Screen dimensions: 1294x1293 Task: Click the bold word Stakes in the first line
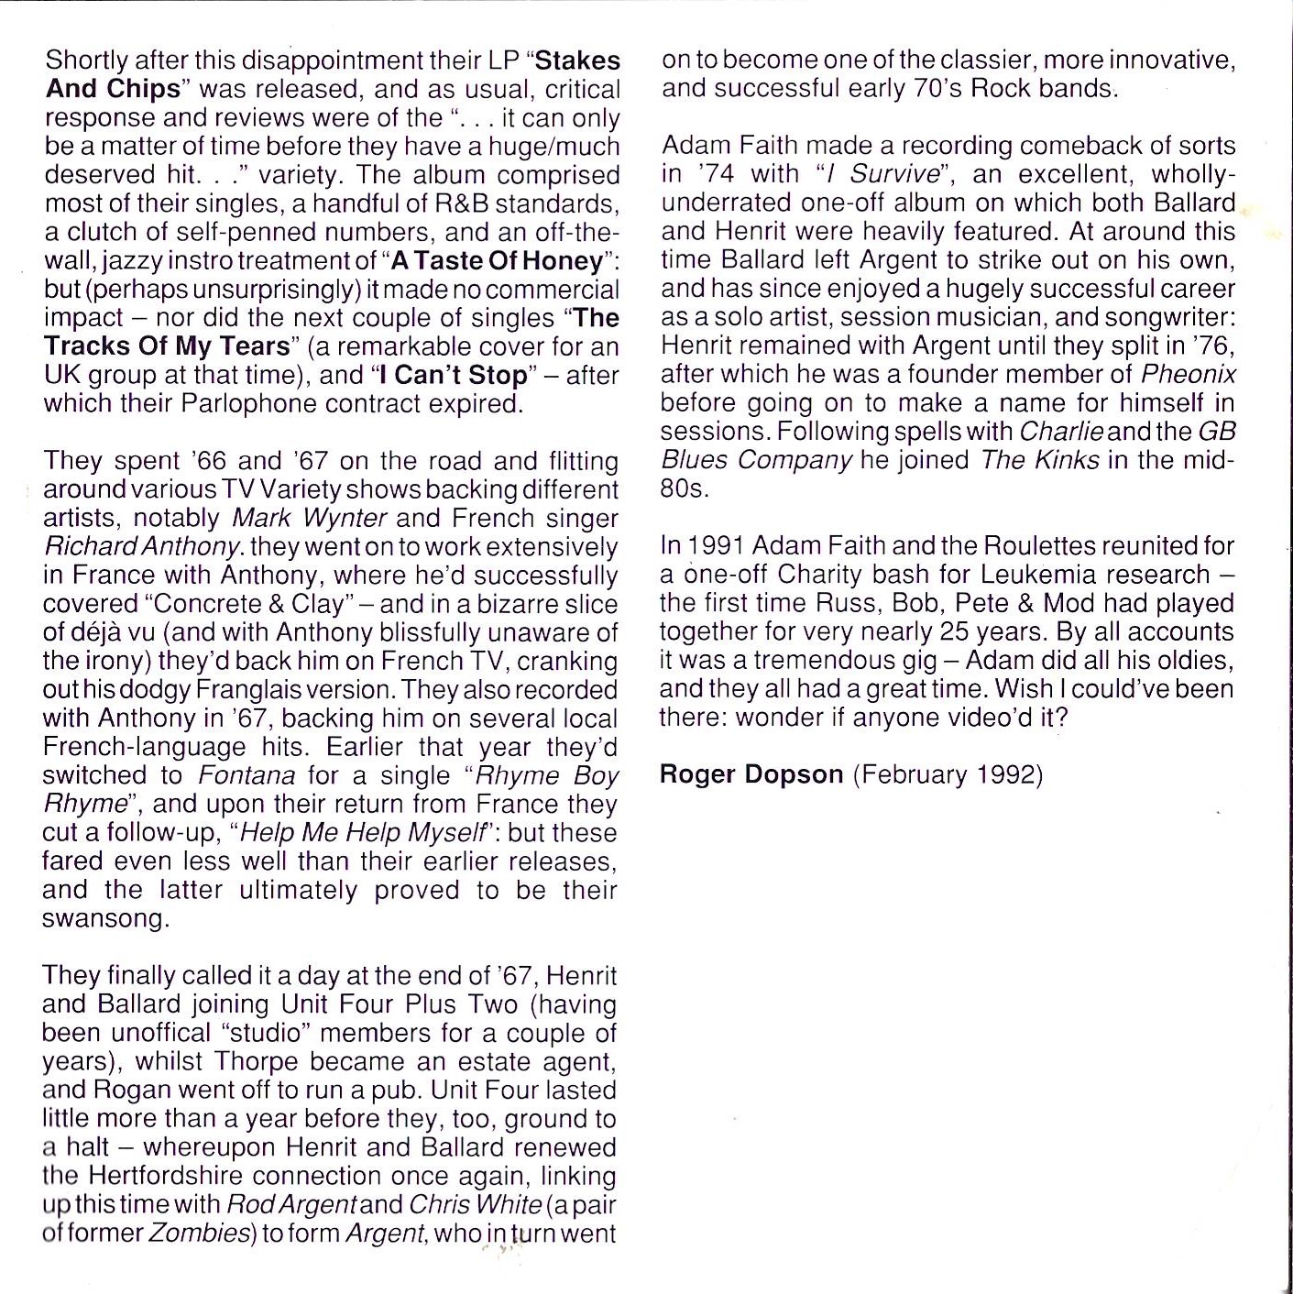point(577,60)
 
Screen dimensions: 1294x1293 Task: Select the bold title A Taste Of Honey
point(498,261)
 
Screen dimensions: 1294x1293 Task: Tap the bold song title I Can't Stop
point(454,376)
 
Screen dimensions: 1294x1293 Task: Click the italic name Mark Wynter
point(309,519)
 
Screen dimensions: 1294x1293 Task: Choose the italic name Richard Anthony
point(142,547)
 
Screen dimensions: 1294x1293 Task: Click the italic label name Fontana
point(247,776)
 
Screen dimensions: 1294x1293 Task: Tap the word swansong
point(105,918)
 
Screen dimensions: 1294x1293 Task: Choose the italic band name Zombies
point(198,1234)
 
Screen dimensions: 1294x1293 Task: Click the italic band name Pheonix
point(1189,374)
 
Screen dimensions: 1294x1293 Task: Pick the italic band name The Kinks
point(1039,460)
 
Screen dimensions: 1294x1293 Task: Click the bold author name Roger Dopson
point(751,775)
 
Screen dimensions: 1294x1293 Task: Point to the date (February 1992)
point(948,775)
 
